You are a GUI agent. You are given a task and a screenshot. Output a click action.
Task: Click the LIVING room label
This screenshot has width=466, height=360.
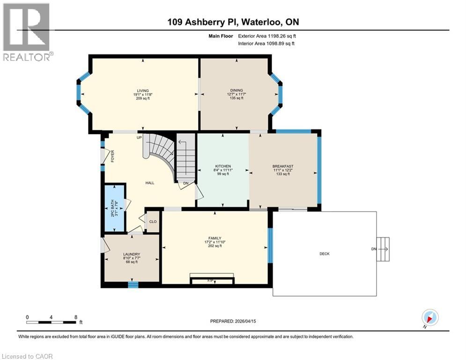point(143,90)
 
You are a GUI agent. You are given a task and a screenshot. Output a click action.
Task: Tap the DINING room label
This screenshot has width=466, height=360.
point(236,90)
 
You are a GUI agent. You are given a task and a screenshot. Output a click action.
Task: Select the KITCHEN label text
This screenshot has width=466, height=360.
point(223,166)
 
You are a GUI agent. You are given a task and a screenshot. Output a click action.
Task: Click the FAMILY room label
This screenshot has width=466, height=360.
point(215,238)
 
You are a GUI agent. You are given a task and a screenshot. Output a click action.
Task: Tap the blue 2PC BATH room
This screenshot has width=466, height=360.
point(114,208)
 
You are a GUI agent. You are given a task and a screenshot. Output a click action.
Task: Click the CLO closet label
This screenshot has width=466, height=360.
point(153,221)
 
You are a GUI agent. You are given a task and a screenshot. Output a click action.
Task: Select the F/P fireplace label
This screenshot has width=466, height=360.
point(212,280)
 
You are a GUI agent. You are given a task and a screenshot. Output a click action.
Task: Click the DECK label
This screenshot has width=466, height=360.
point(325,254)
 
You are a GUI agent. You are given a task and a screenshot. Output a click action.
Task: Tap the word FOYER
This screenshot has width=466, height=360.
point(112,156)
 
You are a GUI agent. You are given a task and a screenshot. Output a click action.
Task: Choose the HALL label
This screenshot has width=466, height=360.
point(149,183)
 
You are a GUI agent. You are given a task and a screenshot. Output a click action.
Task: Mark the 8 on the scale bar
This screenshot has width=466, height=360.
point(76,317)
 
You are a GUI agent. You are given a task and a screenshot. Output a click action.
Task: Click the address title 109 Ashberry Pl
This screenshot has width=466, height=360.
point(232,22)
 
